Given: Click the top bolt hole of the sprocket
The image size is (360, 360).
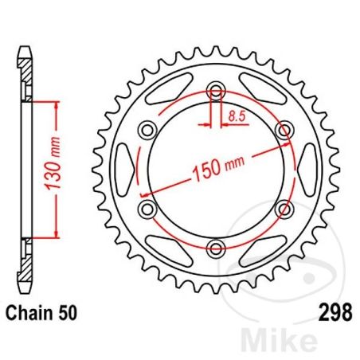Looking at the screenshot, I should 214,88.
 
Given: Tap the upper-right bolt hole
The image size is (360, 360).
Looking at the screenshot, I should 283,128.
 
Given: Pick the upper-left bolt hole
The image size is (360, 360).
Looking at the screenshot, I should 146,128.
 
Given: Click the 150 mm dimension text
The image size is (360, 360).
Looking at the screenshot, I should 217,166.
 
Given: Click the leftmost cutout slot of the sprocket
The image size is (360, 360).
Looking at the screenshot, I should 123,168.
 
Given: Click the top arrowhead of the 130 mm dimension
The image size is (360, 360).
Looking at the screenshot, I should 57,105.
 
